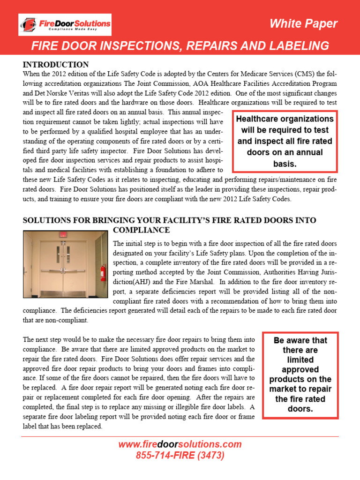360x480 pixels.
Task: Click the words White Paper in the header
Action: tap(303, 24)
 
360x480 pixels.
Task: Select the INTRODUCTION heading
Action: tap(56, 65)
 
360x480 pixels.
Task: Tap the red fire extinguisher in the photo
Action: tap(103, 272)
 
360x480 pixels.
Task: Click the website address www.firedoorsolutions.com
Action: tap(180, 444)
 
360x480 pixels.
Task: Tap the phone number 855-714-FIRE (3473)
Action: tap(180, 455)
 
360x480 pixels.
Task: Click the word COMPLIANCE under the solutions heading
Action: tap(141, 230)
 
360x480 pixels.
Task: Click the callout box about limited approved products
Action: tap(300, 375)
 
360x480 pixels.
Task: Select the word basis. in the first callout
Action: tap(285, 164)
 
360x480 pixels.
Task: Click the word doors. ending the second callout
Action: tap(300, 409)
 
